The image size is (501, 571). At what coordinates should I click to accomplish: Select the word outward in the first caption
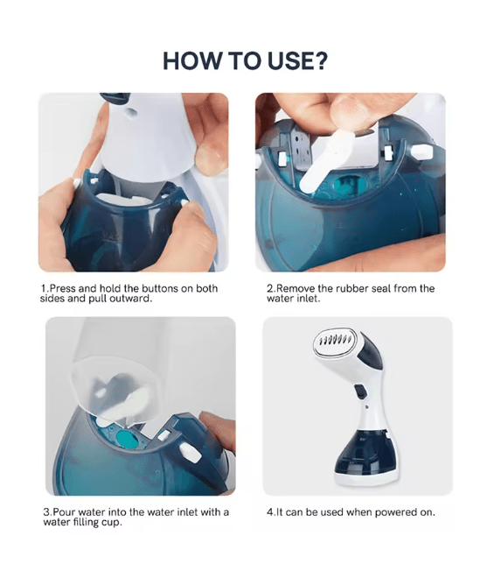tap(131, 299)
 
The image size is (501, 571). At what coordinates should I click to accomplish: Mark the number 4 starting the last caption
tap(269, 512)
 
